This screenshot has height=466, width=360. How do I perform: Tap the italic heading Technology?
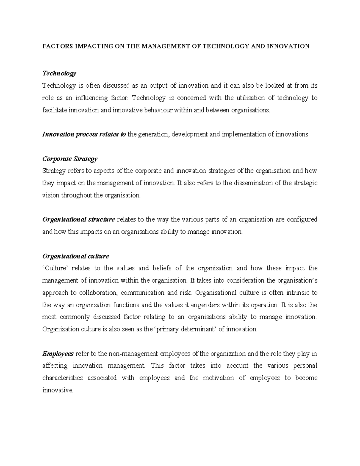59,74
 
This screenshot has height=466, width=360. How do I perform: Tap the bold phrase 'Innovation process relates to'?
84,134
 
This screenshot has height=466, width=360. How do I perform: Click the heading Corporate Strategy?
70,159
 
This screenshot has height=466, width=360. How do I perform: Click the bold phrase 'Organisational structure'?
79,220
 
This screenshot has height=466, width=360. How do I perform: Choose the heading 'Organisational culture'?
76,256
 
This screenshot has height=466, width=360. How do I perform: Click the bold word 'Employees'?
58,354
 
